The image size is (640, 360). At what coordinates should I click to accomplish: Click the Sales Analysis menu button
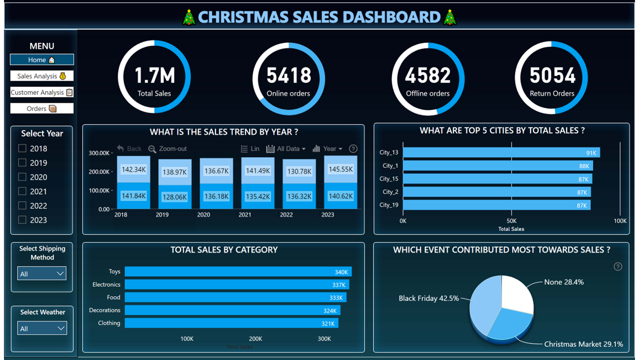[42, 76]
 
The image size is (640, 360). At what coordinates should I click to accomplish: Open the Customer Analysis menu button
[42, 92]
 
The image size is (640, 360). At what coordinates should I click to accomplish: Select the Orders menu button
[42, 108]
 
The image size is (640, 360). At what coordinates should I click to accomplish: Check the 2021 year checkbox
[22, 191]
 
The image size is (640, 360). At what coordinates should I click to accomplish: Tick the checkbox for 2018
[22, 148]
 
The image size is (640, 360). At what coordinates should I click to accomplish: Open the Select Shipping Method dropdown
[42, 273]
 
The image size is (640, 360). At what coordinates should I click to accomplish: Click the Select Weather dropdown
[42, 328]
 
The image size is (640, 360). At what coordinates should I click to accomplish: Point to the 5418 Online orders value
[288, 75]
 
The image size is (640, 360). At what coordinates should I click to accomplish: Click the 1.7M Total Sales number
[154, 75]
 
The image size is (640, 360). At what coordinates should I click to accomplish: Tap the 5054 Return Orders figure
[552, 75]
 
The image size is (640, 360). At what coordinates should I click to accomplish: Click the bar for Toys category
[238, 271]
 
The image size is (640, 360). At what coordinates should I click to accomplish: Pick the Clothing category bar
[231, 323]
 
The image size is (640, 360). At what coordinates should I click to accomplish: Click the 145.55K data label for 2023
[340, 169]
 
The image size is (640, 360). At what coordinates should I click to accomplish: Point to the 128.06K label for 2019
[174, 196]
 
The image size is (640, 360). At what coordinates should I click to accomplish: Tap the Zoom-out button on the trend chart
[168, 148]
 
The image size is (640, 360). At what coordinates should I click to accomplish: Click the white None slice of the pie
[517, 292]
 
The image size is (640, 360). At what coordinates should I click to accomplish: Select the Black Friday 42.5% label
[428, 298]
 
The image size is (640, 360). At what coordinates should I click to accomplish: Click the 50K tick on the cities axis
[511, 220]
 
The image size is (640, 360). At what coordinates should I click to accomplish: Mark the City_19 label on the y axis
[389, 205]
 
